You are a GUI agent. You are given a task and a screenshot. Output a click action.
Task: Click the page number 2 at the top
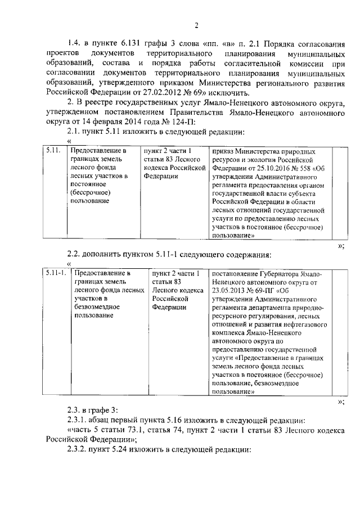(x=196, y=25)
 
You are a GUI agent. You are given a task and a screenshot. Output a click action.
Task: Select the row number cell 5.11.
(x=52, y=151)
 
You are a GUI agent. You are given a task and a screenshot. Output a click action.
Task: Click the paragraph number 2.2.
(x=76, y=253)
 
